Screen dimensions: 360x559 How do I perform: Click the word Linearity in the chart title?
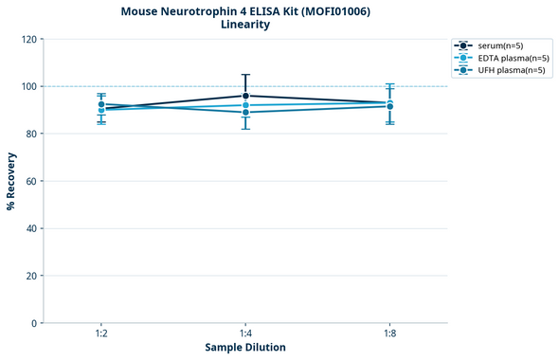tap(245, 25)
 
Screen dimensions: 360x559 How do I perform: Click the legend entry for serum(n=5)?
tap(501, 45)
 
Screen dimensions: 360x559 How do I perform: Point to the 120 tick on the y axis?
tap(28, 40)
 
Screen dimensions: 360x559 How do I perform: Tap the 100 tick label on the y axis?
tap(28, 87)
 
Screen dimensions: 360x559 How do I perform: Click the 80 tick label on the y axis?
tap(31, 135)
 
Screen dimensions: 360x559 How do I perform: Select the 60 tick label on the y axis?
tap(31, 182)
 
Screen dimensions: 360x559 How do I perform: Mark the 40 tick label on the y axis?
tap(31, 229)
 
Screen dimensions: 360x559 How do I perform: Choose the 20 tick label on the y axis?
tap(31, 277)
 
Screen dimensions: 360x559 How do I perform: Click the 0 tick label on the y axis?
tap(34, 324)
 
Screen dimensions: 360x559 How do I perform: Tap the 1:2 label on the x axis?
tap(100, 334)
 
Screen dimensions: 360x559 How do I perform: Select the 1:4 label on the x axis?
tap(245, 334)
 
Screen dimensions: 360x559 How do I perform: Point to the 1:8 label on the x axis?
tap(390, 334)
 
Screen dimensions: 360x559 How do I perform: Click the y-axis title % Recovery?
tap(11, 181)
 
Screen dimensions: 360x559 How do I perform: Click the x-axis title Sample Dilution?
tap(245, 348)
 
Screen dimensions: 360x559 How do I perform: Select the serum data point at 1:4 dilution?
tap(245, 96)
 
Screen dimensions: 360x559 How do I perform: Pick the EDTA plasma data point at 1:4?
tap(245, 105)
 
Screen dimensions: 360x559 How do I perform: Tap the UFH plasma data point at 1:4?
tap(245, 113)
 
